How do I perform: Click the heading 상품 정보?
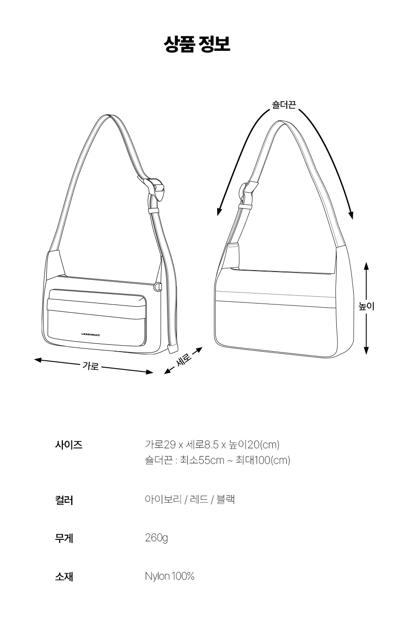(x=197, y=44)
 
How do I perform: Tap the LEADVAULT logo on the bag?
(x=91, y=334)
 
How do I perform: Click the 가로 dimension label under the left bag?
(x=91, y=366)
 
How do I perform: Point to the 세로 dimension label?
(x=183, y=360)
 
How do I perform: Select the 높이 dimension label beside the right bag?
(x=366, y=306)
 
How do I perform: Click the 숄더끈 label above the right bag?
(x=284, y=105)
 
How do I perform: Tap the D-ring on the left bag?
(x=158, y=287)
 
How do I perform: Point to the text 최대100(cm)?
(x=263, y=460)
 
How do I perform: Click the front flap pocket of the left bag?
(x=97, y=318)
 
